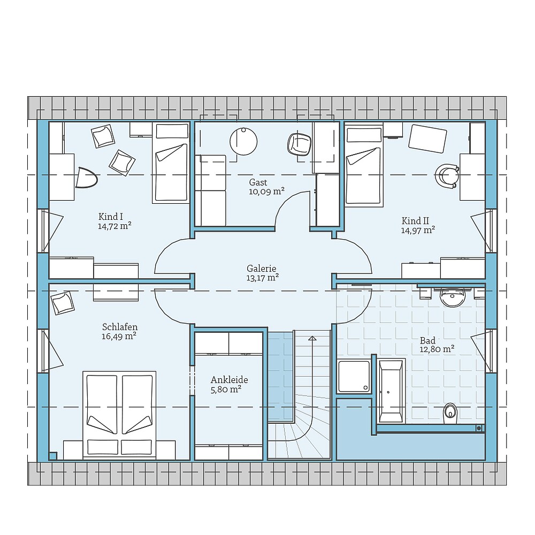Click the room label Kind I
pyautogui.click(x=111, y=217)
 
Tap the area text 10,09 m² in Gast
pyautogui.click(x=266, y=192)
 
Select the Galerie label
pyautogui.click(x=262, y=268)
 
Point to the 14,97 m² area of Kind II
pyautogui.click(x=418, y=230)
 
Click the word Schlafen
pyautogui.click(x=120, y=327)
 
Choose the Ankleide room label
pyautogui.click(x=229, y=380)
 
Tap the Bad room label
pyautogui.click(x=427, y=340)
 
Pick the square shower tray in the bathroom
pyautogui.click(x=354, y=377)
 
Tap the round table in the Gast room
pyautogui.click(x=243, y=141)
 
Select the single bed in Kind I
pyautogui.click(x=171, y=163)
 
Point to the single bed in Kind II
pyautogui.click(x=364, y=165)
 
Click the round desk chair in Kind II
pyautogui.click(x=447, y=175)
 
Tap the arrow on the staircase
pyautogui.click(x=312, y=338)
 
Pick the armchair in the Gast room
pyautogui.click(x=299, y=144)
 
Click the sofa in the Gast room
pyautogui.click(x=210, y=190)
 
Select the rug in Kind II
pyautogui.click(x=427, y=139)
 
